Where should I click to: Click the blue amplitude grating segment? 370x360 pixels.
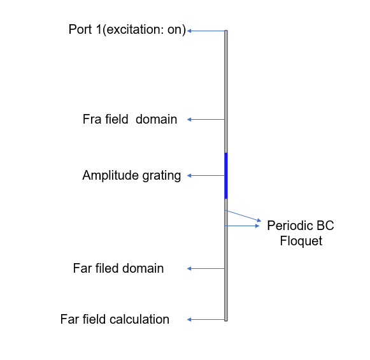tap(226, 176)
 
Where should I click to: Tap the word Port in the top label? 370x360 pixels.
tap(80, 29)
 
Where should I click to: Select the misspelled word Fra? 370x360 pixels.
tap(92, 119)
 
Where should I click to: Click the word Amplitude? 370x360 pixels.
tap(110, 176)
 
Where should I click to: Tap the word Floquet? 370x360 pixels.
tap(301, 241)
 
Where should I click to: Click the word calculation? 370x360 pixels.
tap(139, 319)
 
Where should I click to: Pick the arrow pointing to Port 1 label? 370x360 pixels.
tap(206, 31)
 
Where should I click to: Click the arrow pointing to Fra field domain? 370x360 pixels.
tap(206, 119)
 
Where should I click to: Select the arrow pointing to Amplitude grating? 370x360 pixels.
tap(206, 175)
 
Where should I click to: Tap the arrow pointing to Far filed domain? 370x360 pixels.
tap(206, 268)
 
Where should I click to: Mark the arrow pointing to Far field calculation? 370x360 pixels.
tap(206, 320)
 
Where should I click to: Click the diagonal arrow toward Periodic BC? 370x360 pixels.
tap(243, 215)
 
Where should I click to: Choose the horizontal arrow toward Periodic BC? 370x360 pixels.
tap(243, 226)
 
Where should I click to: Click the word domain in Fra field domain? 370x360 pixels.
tap(156, 119)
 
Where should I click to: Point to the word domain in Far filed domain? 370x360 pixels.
tap(143, 268)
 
